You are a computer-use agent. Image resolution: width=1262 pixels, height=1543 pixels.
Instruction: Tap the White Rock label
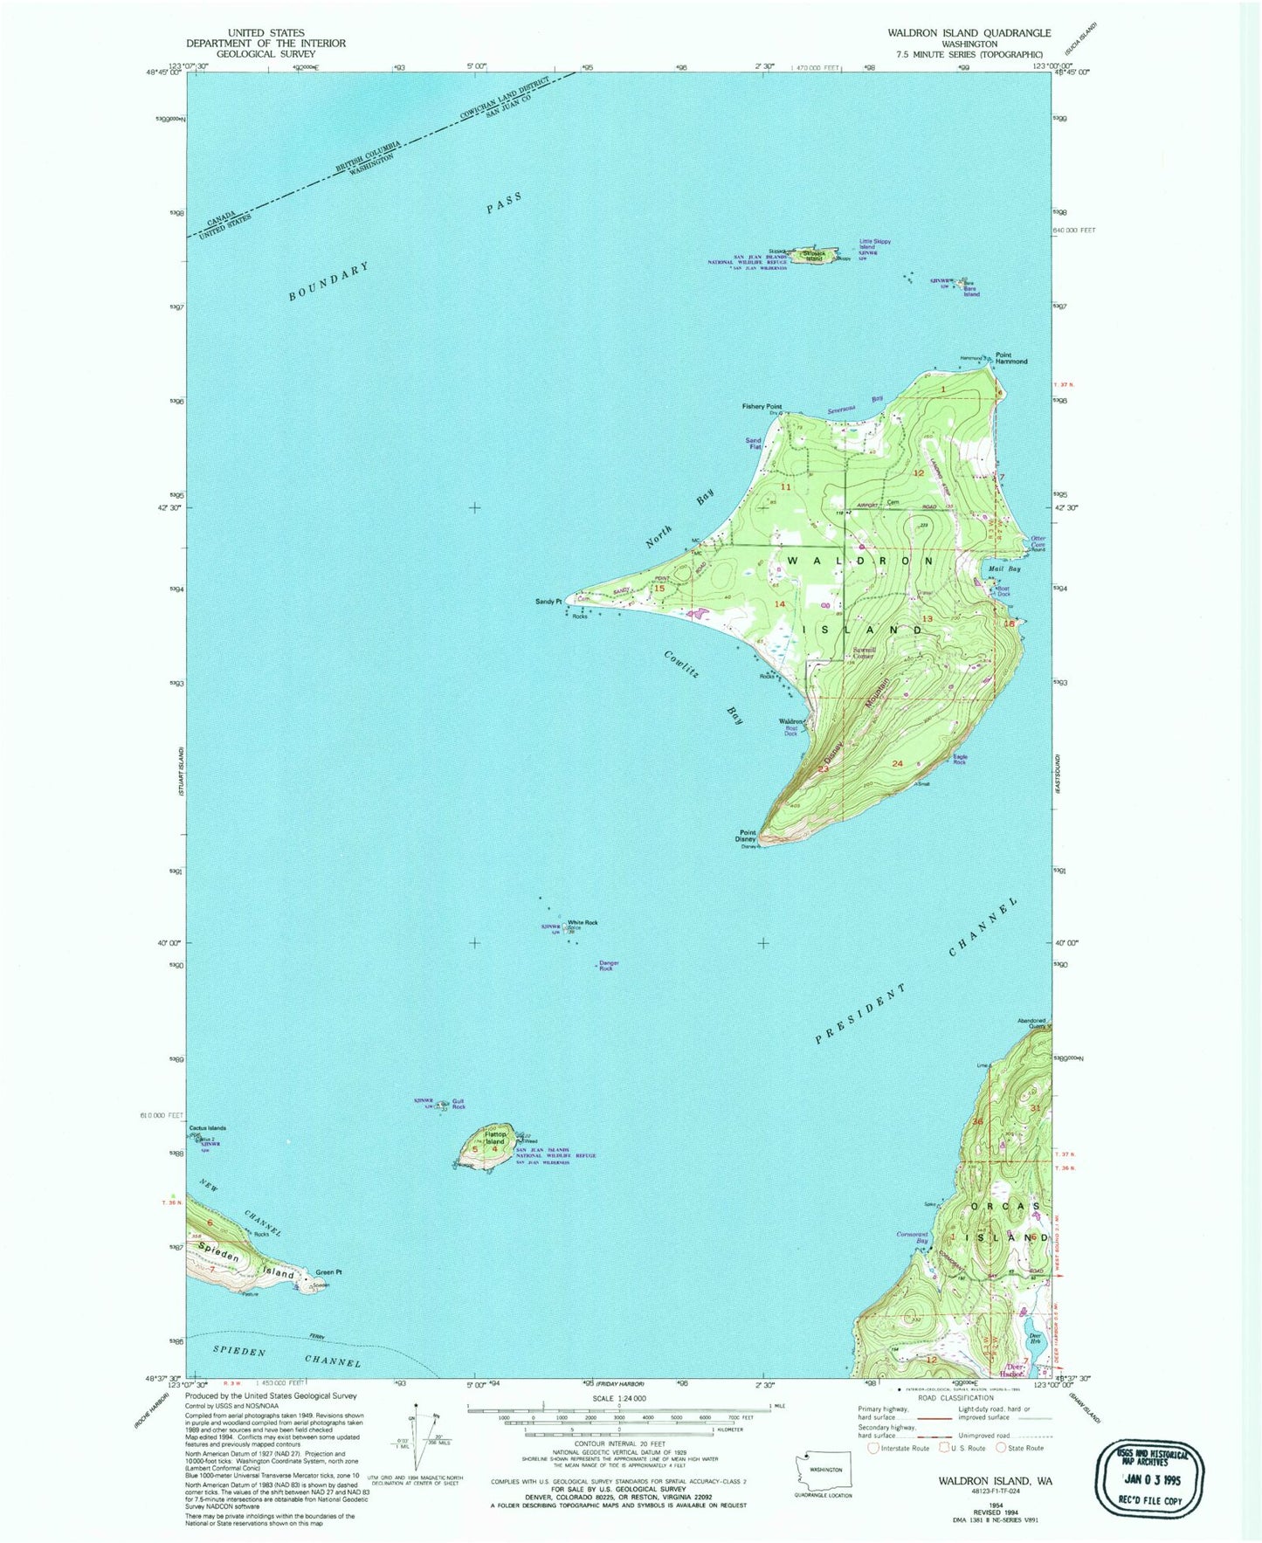(x=583, y=922)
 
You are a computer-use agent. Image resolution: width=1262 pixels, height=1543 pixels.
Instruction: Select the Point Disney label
(x=746, y=836)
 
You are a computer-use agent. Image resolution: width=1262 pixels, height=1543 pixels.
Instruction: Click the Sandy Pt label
(x=549, y=602)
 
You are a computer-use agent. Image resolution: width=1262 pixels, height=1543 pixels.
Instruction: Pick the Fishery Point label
(x=762, y=406)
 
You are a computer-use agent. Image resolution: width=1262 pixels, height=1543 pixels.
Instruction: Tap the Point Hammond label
(x=1011, y=358)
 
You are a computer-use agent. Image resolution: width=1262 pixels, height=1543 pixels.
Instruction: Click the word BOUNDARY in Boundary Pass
(x=328, y=282)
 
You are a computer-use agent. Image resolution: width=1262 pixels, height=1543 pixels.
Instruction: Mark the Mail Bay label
(x=1004, y=568)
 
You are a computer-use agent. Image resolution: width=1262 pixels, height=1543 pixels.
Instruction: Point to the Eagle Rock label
(x=960, y=760)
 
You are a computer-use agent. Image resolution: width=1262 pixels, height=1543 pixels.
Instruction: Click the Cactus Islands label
(x=207, y=1128)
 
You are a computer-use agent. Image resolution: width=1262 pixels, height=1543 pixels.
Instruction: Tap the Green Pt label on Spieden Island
(x=328, y=1271)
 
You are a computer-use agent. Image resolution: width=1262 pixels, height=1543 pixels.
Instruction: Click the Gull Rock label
(x=459, y=1105)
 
